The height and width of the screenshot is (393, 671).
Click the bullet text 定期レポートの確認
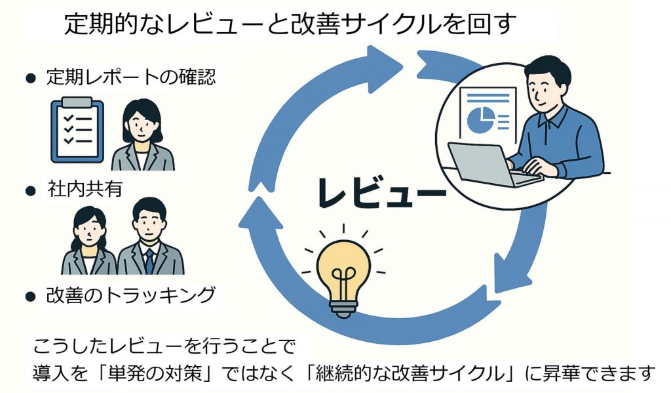130,77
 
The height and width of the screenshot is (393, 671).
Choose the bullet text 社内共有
85,190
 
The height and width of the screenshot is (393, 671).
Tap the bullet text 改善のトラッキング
130,295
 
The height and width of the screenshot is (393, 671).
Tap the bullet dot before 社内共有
29,191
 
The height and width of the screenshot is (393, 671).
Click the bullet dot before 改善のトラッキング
29,297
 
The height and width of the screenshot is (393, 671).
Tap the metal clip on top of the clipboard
77,102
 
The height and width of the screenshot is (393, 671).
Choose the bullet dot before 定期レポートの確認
29,79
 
